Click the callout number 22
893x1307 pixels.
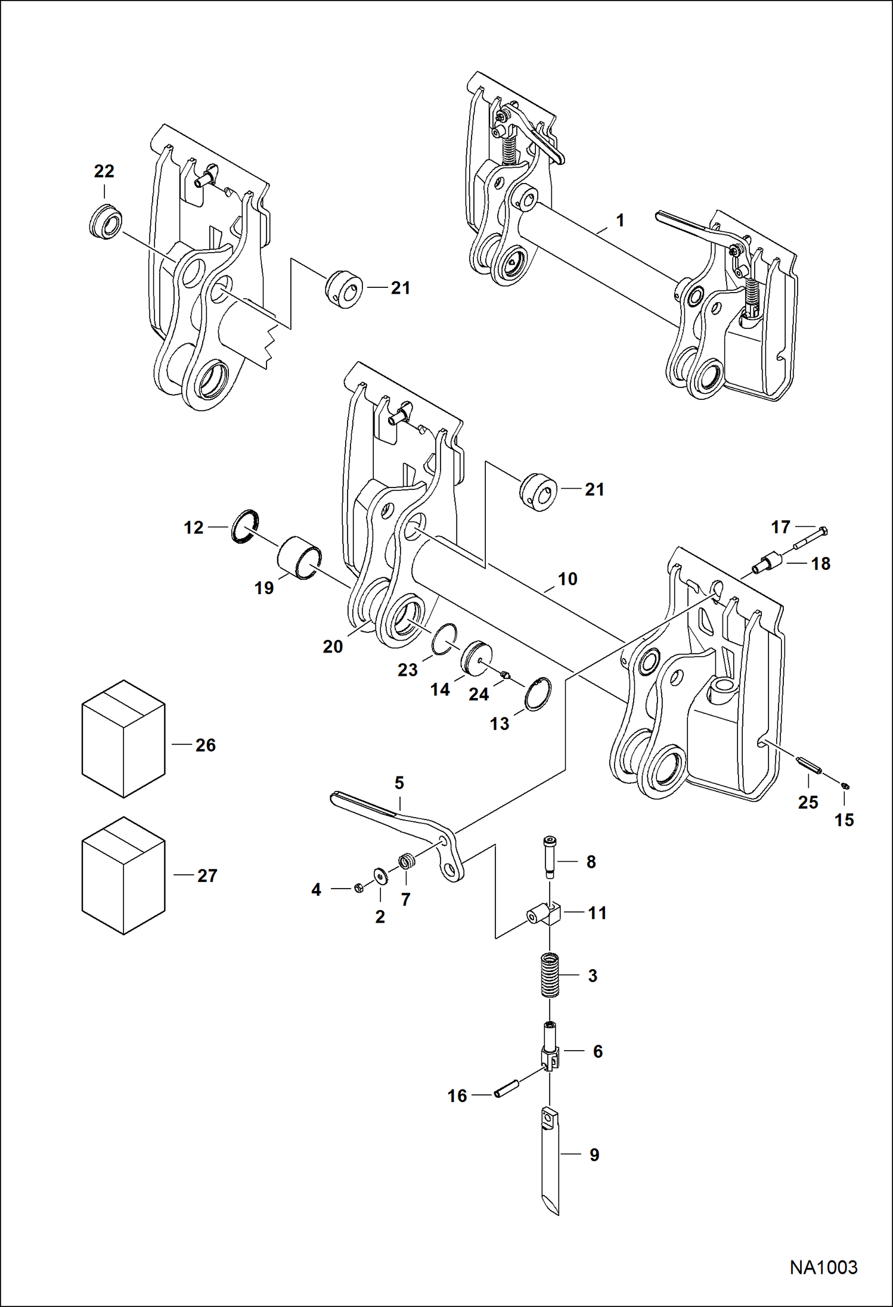coord(104,172)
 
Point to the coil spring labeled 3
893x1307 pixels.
coord(550,975)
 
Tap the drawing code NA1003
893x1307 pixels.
coord(823,1267)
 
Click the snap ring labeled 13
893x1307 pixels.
coord(538,694)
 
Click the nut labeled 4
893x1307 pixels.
coord(359,888)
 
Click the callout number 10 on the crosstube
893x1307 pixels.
coord(567,579)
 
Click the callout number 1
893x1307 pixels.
coord(620,221)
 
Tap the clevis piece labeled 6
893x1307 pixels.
coord(550,1051)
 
